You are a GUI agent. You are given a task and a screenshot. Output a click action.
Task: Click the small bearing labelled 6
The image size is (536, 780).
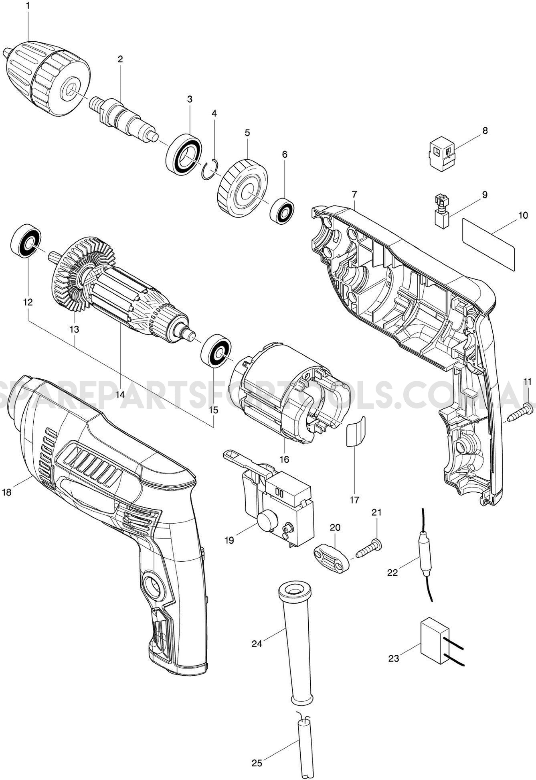pyautogui.click(x=283, y=210)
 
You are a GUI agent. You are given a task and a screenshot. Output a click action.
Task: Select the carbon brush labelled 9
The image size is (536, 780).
pyautogui.click(x=442, y=212)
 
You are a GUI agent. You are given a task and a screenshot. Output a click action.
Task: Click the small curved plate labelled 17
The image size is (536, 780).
pyautogui.click(x=355, y=431)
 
